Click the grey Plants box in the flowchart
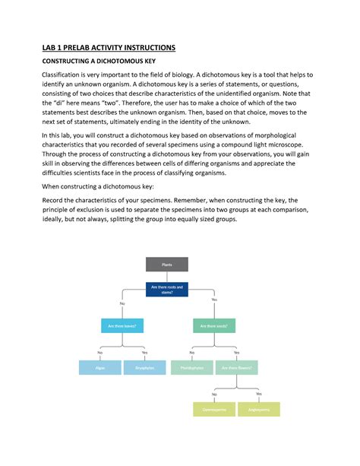coord(166,265)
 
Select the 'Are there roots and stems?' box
coord(166,290)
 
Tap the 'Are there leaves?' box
coord(122,326)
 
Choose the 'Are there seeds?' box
coord(213,326)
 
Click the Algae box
coord(100,368)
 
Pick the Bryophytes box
coord(144,368)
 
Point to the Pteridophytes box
coord(191,368)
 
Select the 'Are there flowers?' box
coord(236,368)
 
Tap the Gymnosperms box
coord(213,409)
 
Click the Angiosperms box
coord(259,409)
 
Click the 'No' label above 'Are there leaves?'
coord(122,304)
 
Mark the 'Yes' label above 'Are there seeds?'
coord(214,300)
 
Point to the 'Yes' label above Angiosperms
coord(259,394)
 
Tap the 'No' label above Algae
coord(99,353)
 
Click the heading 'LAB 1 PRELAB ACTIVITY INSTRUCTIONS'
coord(108,48)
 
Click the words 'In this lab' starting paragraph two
coord(57,134)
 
